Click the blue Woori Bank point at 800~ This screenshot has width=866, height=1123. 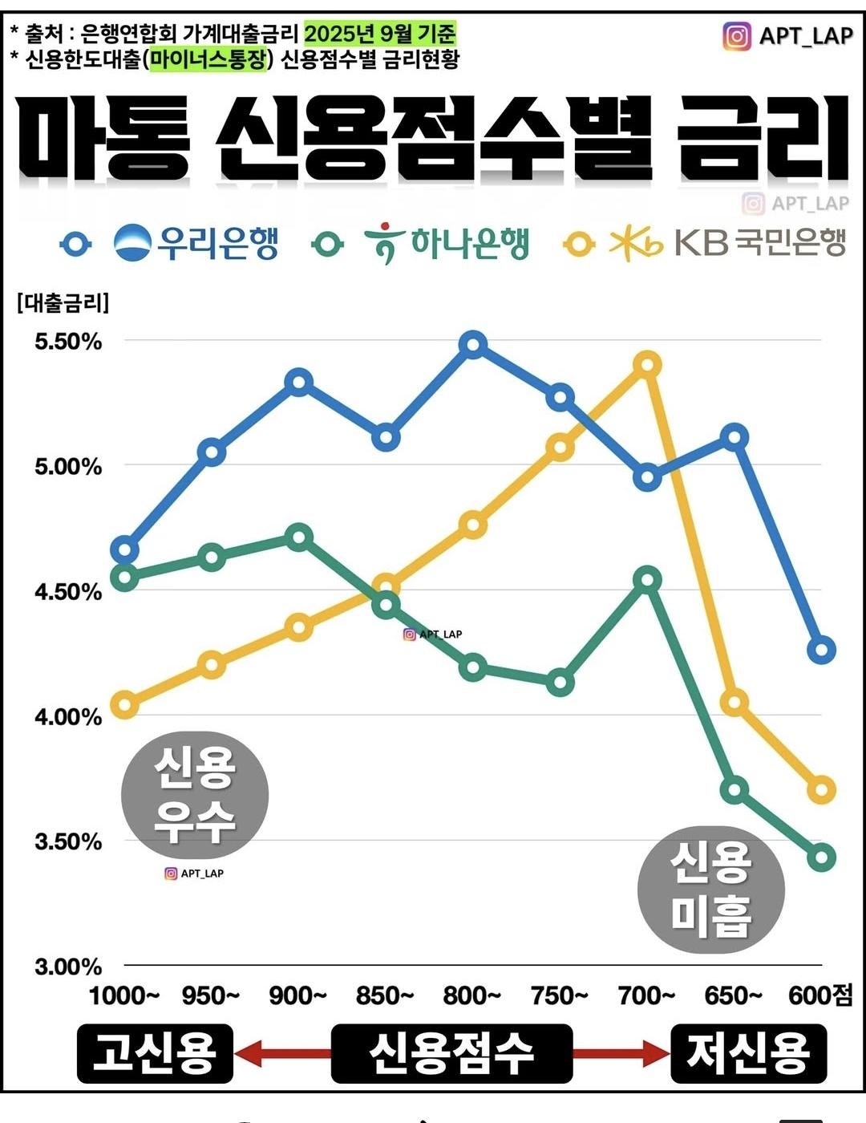click(x=473, y=345)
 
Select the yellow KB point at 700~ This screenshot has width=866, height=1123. click(x=647, y=365)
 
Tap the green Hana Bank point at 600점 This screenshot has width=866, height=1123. click(x=822, y=857)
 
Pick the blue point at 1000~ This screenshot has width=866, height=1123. click(x=124, y=550)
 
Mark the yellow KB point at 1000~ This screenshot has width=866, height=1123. click(x=124, y=706)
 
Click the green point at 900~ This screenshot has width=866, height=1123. click(x=299, y=537)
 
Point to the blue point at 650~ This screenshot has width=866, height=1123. click(x=734, y=437)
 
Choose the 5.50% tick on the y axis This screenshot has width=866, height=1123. click(x=68, y=342)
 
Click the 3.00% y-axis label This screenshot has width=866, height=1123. click(x=68, y=967)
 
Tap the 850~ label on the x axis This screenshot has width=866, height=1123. click(x=385, y=996)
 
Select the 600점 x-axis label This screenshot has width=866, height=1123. click(x=820, y=996)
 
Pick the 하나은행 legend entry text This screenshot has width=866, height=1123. click(x=470, y=243)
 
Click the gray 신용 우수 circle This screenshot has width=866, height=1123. click(x=195, y=795)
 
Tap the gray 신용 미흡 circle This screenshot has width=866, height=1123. click(x=711, y=890)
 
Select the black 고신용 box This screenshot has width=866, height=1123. click(x=155, y=1053)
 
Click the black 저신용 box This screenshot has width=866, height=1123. click(x=748, y=1053)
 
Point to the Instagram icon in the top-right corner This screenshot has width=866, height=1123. click(x=737, y=36)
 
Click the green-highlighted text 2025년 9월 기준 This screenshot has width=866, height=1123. click(x=379, y=34)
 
